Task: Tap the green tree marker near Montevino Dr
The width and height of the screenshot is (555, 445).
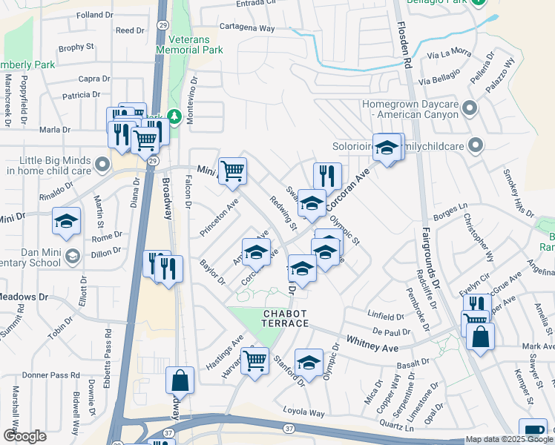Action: (174, 116)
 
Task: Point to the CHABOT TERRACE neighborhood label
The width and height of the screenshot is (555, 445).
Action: (284, 320)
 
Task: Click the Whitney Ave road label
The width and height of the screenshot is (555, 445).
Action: (374, 343)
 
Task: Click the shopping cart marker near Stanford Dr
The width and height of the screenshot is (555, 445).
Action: (255, 361)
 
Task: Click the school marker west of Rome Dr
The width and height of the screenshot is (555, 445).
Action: (66, 221)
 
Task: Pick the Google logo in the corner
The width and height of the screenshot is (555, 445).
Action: (24, 436)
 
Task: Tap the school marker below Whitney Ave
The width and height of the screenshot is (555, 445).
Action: (309, 362)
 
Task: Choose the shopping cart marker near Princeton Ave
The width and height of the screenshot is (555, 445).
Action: (233, 171)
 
